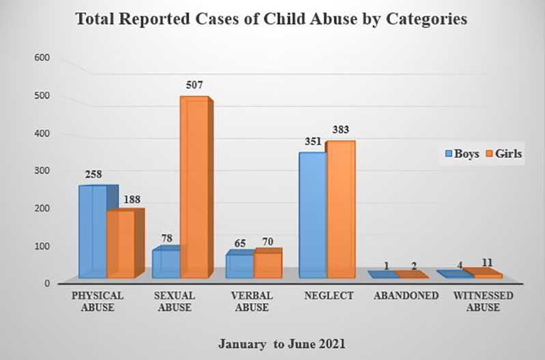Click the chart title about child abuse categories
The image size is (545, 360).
tap(271, 19)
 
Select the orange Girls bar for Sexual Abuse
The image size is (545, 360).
tap(193, 188)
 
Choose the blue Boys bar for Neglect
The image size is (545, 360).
tap(313, 215)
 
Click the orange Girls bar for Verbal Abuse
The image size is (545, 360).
tap(268, 264)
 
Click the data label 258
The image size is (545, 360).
tap(94, 174)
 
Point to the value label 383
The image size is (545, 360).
tap(341, 130)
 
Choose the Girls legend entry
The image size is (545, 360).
tap(503, 154)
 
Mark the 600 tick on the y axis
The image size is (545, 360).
tap(42, 58)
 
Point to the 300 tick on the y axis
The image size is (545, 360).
tap(42, 170)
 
